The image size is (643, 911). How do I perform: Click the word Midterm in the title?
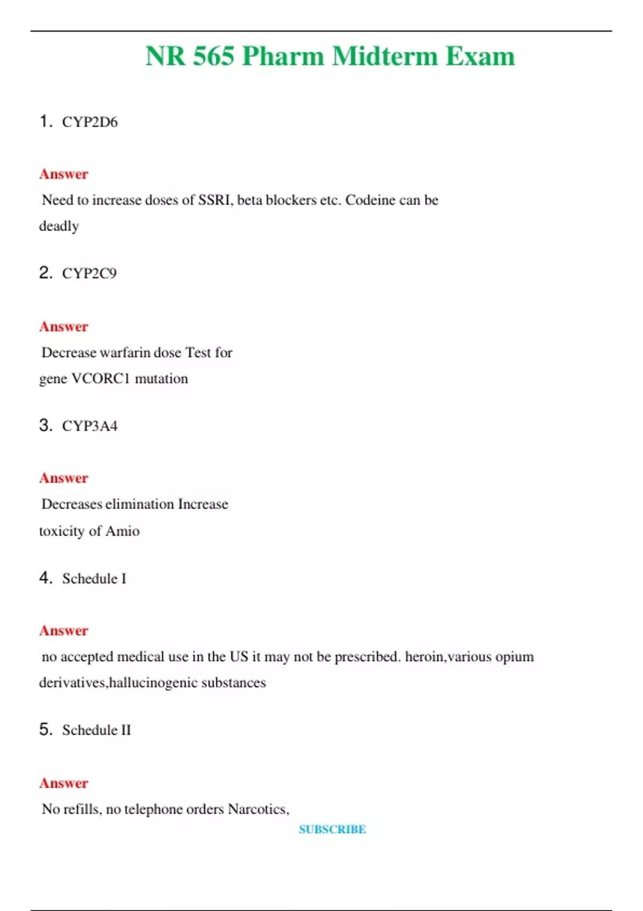384,56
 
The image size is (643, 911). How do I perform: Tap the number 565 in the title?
213,56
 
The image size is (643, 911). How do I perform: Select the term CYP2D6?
89,122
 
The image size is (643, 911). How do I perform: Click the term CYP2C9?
89,273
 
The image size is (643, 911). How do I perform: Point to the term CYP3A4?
89,426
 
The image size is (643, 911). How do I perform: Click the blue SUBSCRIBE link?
332,830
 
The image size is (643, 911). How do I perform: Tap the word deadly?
59,226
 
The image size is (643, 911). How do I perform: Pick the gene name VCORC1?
101,379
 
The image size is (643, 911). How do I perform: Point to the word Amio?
123,531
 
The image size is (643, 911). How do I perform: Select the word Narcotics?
258,809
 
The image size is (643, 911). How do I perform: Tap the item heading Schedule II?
96,730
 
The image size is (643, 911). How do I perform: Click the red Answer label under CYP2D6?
63,174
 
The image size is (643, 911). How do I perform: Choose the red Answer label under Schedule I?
63,631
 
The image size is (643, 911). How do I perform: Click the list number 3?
45,425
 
